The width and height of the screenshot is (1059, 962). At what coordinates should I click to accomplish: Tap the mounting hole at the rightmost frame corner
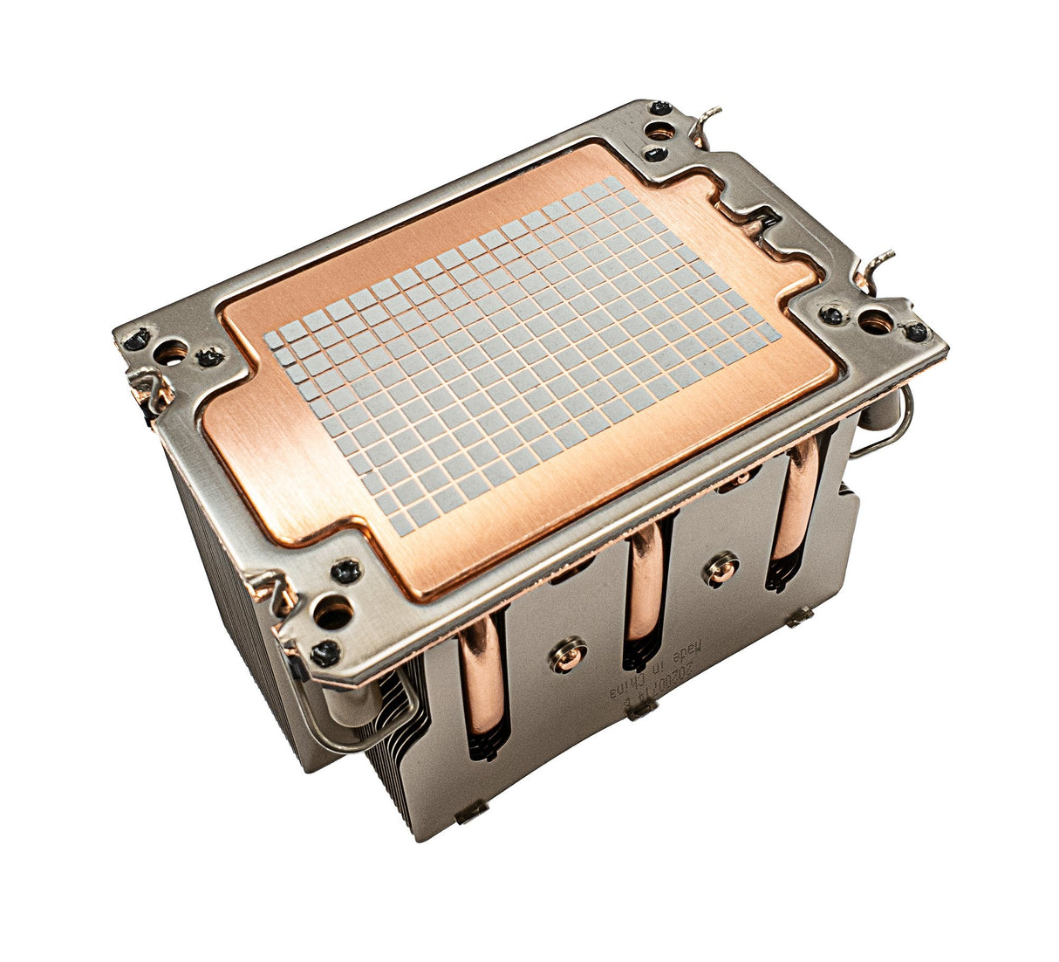click(876, 324)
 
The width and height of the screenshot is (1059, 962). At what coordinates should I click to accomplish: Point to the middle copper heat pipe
click(646, 594)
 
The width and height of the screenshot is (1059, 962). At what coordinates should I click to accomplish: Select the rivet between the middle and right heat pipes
click(721, 568)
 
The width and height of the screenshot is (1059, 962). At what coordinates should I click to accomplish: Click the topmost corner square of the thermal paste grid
click(613, 184)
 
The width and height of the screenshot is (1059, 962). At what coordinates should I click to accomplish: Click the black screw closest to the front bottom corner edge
click(325, 649)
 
